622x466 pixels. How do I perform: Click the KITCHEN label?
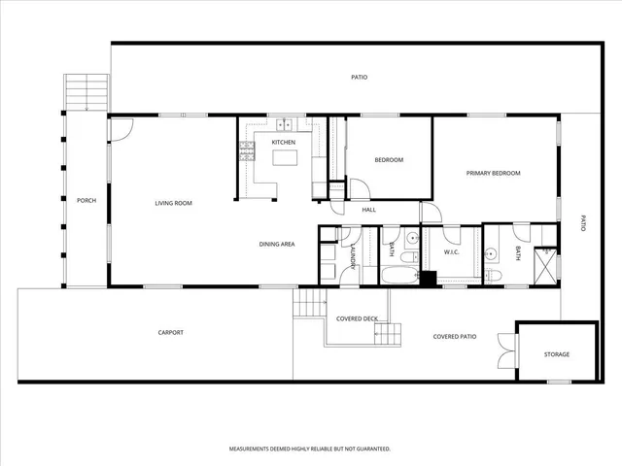[283, 143]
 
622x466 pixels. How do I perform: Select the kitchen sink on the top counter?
[285, 123]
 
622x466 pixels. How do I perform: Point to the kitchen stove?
[246, 150]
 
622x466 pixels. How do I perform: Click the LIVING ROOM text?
[174, 203]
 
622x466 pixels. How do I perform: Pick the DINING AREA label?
[277, 244]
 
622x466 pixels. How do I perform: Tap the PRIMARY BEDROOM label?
[493, 173]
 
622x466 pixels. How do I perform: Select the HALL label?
[368, 209]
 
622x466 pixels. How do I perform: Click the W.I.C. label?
[451, 252]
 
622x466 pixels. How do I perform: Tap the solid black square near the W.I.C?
[426, 279]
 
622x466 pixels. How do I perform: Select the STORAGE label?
[556, 354]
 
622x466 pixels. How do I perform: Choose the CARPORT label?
[170, 333]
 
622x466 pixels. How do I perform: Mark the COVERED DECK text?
[357, 318]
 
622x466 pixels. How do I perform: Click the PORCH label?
[86, 200]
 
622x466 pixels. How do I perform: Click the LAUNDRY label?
[351, 255]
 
